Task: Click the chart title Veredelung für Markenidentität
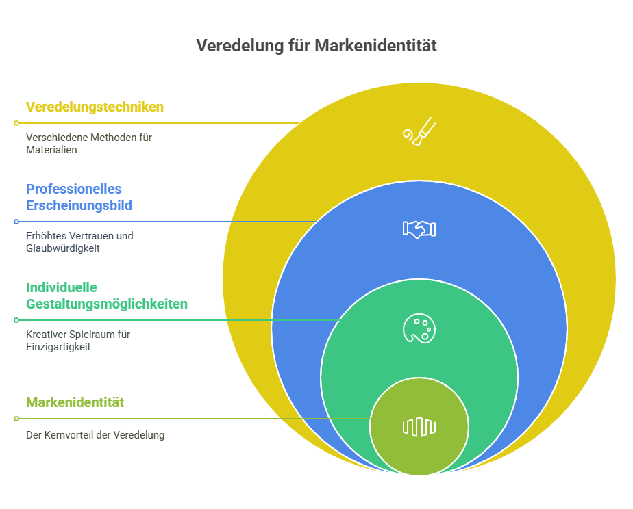[316, 46]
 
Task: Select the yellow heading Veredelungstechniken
[95, 107]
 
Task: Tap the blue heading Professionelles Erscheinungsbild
[79, 197]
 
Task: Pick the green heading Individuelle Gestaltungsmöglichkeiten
[107, 296]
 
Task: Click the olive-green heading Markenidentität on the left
[75, 402]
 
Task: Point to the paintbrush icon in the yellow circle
[419, 131]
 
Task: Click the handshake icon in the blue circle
[419, 229]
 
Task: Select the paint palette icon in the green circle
[419, 328]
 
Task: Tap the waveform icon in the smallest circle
[419, 427]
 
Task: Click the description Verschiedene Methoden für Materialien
[89, 144]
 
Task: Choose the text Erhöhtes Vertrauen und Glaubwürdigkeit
[79, 242]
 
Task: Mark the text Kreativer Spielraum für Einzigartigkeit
[78, 341]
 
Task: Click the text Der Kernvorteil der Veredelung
[95, 435]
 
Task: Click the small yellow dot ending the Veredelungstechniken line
[16, 123]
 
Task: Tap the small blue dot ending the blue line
[16, 222]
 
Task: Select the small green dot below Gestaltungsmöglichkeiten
[16, 320]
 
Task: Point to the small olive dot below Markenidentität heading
[16, 419]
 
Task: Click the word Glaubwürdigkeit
[63, 248]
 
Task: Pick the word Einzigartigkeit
[58, 347]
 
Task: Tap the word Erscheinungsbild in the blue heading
[79, 205]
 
